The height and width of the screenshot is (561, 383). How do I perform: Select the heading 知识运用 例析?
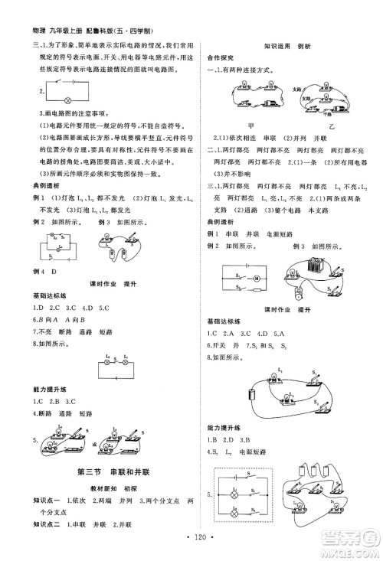click(284, 46)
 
